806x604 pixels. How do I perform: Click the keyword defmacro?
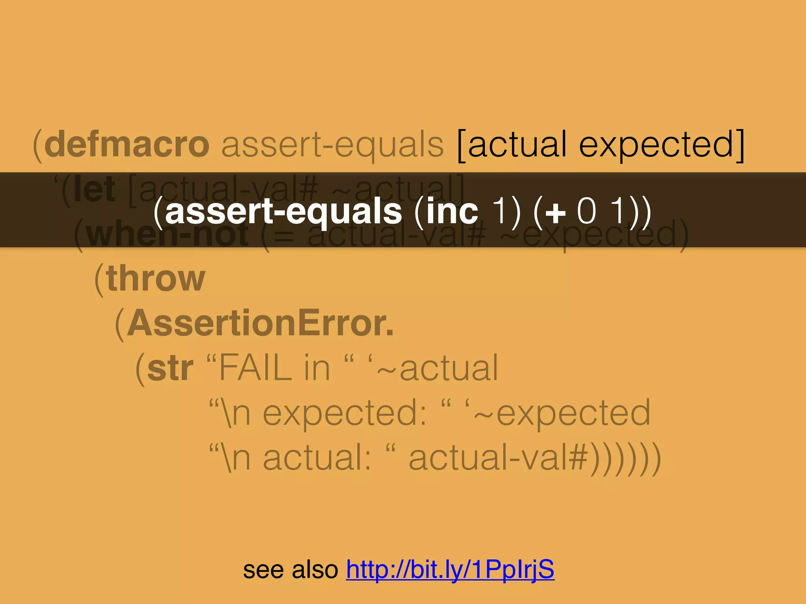(127, 144)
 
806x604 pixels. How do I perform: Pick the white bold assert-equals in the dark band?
(283, 212)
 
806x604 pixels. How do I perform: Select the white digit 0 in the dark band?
(586, 211)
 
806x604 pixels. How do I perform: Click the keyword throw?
(155, 278)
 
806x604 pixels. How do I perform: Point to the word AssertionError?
(260, 323)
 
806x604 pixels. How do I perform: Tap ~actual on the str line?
(437, 368)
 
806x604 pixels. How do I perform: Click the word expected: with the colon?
(345, 412)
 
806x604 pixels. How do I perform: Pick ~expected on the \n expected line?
(563, 412)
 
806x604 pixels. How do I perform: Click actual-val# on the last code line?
(498, 458)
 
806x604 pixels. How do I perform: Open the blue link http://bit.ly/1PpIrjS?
(450, 569)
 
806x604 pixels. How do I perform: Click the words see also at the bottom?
(290, 569)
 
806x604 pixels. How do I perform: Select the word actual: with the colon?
(317, 458)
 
